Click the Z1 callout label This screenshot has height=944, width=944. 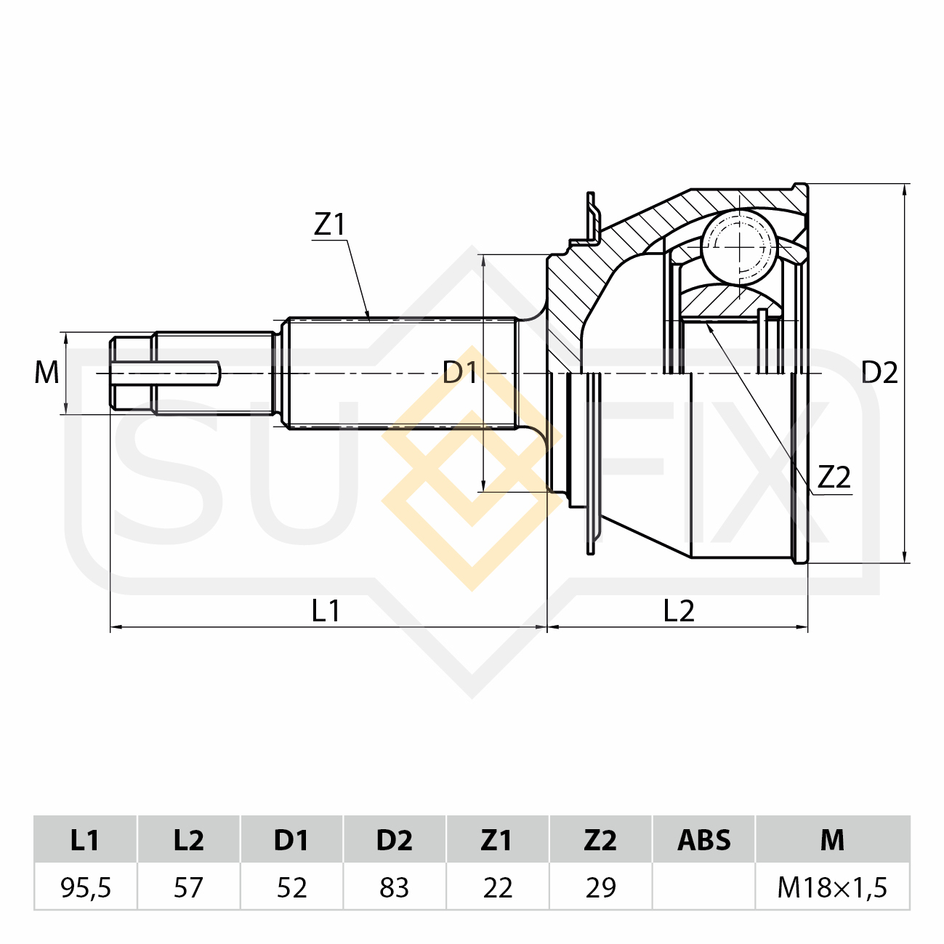(329, 225)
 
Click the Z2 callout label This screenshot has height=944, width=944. (834, 477)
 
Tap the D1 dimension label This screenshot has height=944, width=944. (459, 372)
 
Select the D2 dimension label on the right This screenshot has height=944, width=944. (879, 372)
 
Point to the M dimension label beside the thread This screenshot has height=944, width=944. (47, 372)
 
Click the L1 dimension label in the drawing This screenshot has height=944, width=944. (326, 611)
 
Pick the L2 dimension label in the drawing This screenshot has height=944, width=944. (679, 611)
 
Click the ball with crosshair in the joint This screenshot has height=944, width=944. (739, 247)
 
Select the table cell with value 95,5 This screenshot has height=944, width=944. (86, 887)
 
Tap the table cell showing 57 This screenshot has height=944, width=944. (189, 887)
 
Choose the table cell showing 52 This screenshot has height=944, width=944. (291, 887)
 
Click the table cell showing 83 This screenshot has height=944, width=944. (395, 887)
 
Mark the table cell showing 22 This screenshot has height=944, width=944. (498, 887)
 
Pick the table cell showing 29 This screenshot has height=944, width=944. (600, 887)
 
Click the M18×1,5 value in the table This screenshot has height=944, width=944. (832, 887)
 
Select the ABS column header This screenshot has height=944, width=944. (703, 839)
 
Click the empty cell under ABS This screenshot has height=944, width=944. (703, 887)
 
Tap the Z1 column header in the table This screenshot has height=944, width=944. (498, 839)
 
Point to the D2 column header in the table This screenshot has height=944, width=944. (395, 839)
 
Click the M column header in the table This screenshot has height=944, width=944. (832, 839)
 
